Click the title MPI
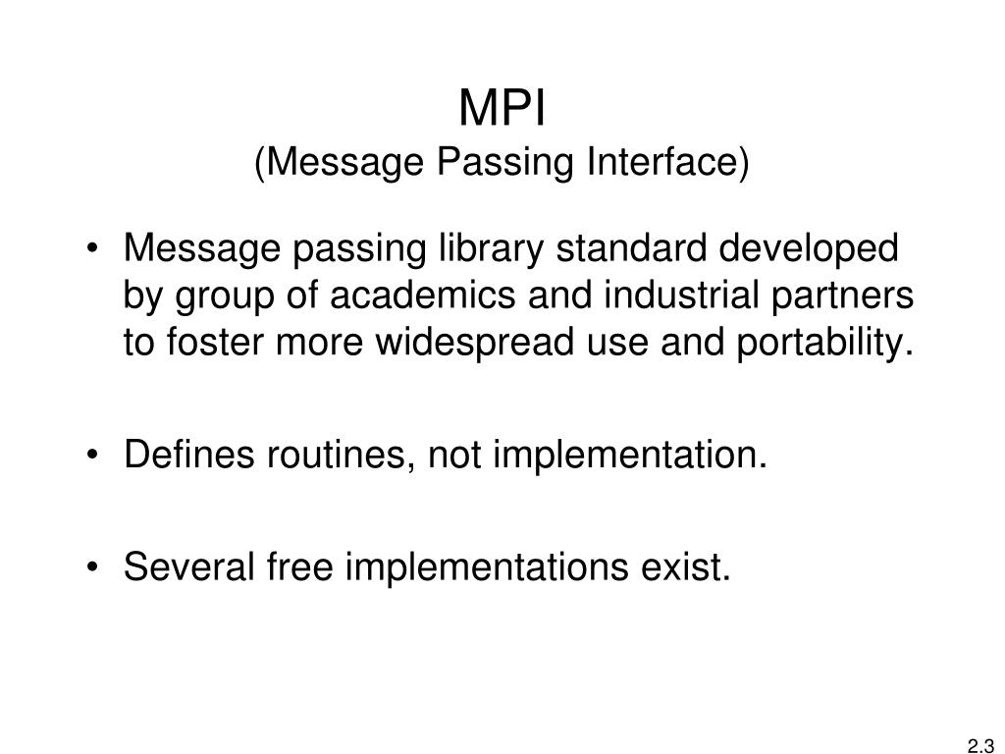coord(502,109)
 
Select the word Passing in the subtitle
coord(506,163)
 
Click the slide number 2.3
coord(980,745)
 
